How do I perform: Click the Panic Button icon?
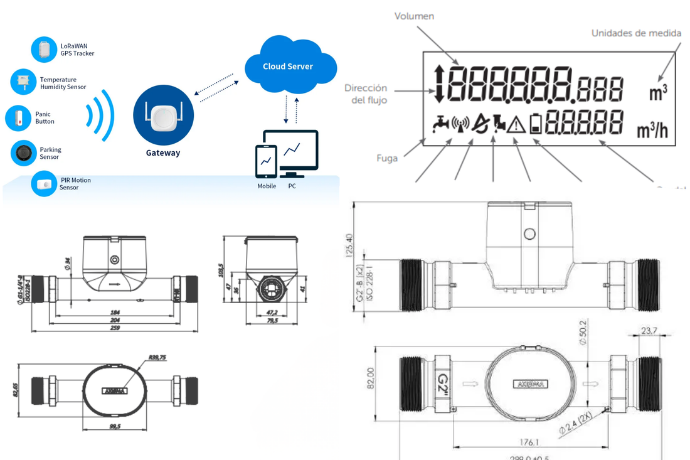18,118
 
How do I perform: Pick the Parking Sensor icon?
24,152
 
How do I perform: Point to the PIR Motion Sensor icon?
45,184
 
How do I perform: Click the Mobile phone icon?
266,162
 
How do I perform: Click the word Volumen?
414,16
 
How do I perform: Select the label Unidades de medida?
635,33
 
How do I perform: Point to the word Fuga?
387,158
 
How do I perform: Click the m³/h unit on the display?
652,131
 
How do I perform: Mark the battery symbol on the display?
535,123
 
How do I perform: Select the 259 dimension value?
115,328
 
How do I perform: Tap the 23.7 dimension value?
649,330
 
